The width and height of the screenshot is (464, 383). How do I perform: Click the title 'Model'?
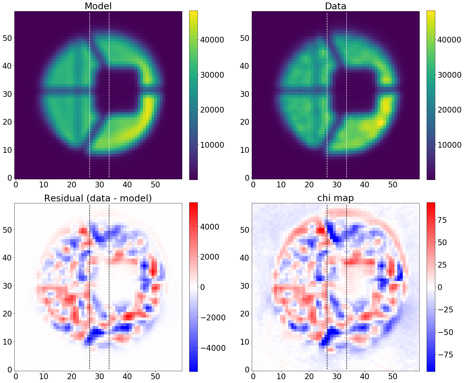click(x=98, y=6)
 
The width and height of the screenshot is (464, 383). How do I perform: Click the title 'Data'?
click(x=335, y=6)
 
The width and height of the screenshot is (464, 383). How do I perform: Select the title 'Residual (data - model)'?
click(x=98, y=198)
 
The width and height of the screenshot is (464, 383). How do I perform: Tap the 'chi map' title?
click(x=335, y=198)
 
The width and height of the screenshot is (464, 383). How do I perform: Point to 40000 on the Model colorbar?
click(x=212, y=40)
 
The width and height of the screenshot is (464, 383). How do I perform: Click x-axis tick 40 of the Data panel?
click(x=364, y=184)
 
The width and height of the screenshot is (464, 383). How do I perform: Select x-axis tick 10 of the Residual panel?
click(x=43, y=376)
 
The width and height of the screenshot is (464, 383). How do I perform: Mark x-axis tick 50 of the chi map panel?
click(x=393, y=376)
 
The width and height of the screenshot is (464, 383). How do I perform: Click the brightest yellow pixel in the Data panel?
click(x=380, y=122)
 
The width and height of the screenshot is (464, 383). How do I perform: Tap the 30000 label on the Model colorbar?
click(x=212, y=75)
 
